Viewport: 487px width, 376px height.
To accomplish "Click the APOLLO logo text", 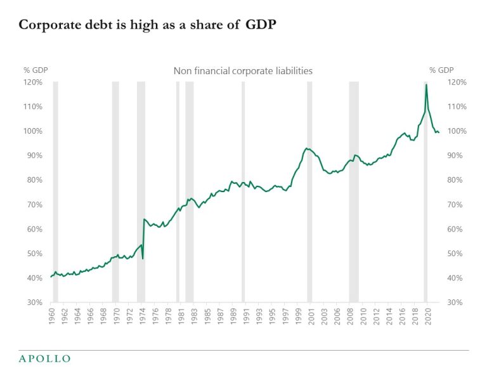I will coord(44,359).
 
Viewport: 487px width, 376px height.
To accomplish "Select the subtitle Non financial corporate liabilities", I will coord(243,71).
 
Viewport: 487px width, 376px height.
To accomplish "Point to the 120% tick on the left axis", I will coord(33,82).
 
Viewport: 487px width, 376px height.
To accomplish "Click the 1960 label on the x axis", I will coord(51,315).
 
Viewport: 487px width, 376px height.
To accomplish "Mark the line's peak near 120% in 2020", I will coord(426,84).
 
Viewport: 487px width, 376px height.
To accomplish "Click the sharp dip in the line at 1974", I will coord(143,258).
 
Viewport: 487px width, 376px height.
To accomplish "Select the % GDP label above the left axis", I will coord(36,70).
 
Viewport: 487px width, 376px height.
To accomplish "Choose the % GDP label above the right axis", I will coord(441,70).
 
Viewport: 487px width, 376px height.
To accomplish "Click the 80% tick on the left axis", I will coord(33,180).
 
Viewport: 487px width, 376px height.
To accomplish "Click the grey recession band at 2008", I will coord(354,190).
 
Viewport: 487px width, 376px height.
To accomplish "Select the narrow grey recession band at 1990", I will coord(243,190).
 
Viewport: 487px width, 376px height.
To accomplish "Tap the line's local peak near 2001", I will coord(307,148).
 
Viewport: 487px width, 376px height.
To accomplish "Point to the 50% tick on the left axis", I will coord(33,254).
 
